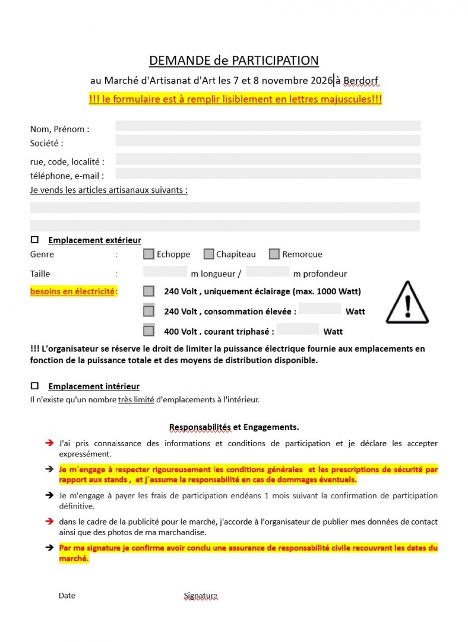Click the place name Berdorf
pyautogui.click(x=361, y=80)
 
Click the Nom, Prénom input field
pyautogui.click(x=268, y=126)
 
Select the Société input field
pyautogui.click(x=268, y=141)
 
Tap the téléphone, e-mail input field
pyautogui.click(x=268, y=173)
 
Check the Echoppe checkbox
pyautogui.click(x=148, y=254)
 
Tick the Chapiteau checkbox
pyautogui.click(x=208, y=254)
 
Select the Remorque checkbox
pyautogui.click(x=274, y=254)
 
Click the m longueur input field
pyautogui.click(x=165, y=272)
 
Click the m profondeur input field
pyautogui.click(x=268, y=272)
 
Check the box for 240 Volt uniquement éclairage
pyautogui.click(x=148, y=291)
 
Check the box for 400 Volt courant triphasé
pyautogui.click(x=148, y=331)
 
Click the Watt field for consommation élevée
pyautogui.click(x=320, y=309)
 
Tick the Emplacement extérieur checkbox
pyautogui.click(x=34, y=240)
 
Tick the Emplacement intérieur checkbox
pyautogui.click(x=34, y=386)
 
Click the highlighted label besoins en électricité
pyautogui.click(x=74, y=291)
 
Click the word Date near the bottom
pyautogui.click(x=67, y=595)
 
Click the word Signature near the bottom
pyautogui.click(x=201, y=595)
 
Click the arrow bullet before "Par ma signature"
pyautogui.click(x=50, y=548)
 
